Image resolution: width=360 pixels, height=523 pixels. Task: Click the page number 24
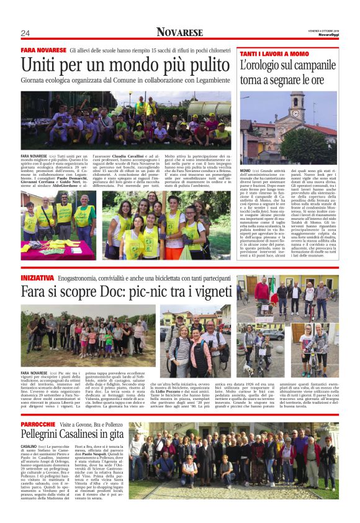tap(25, 33)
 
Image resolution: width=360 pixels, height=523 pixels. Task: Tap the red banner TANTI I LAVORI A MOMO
tap(274, 54)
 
